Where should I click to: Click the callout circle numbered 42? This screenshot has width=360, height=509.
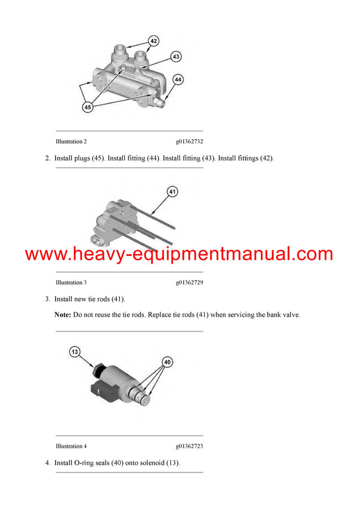point(154,41)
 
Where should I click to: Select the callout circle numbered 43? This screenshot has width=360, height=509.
point(176,56)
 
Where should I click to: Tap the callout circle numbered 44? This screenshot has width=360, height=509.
point(178,79)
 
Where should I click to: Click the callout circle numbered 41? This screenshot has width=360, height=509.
point(172,192)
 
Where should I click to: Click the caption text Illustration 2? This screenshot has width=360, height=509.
point(71,141)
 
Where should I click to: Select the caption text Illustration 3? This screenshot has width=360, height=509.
point(71,282)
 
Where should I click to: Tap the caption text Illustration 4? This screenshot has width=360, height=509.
point(71,446)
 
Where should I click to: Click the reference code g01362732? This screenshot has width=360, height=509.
point(189,141)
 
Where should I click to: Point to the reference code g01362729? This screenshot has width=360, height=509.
point(189,282)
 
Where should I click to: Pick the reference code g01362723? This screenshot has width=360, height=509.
point(189,446)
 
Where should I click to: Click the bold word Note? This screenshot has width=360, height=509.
point(63,314)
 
